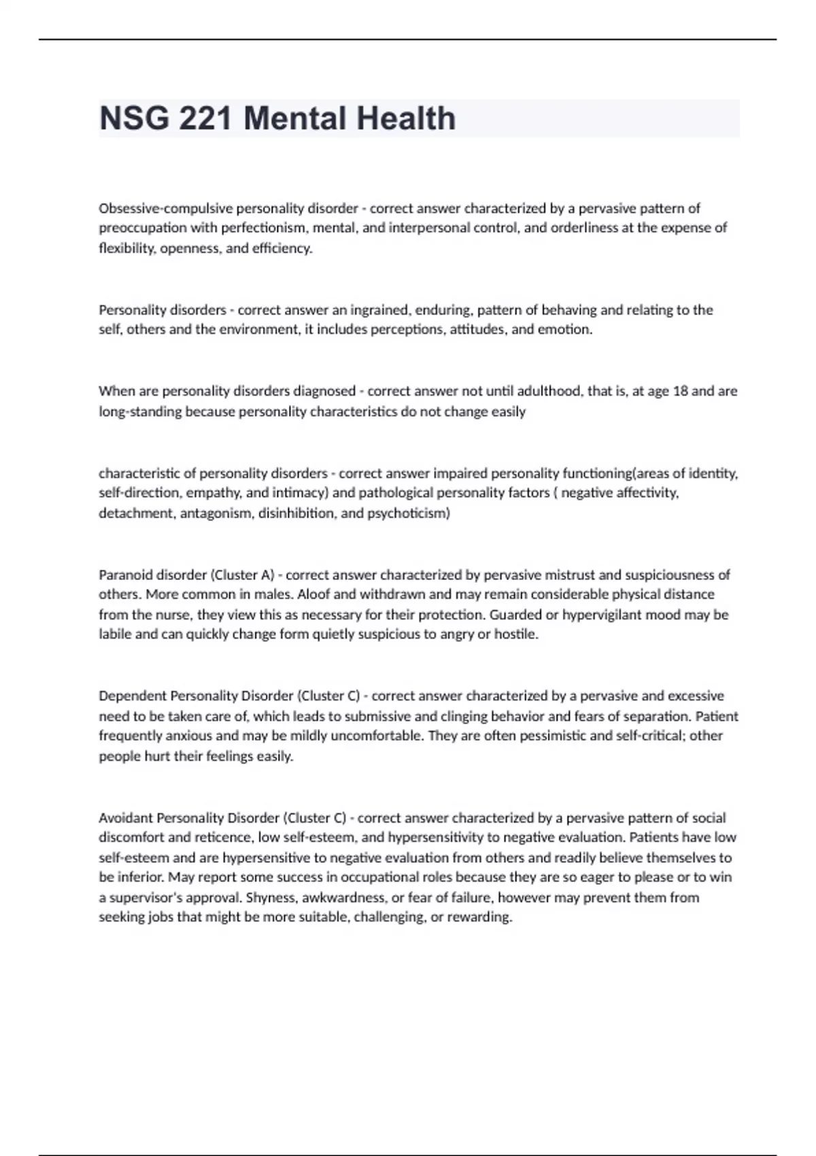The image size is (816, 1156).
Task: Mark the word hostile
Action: (x=516, y=634)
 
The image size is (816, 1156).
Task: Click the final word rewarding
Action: (x=481, y=917)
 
